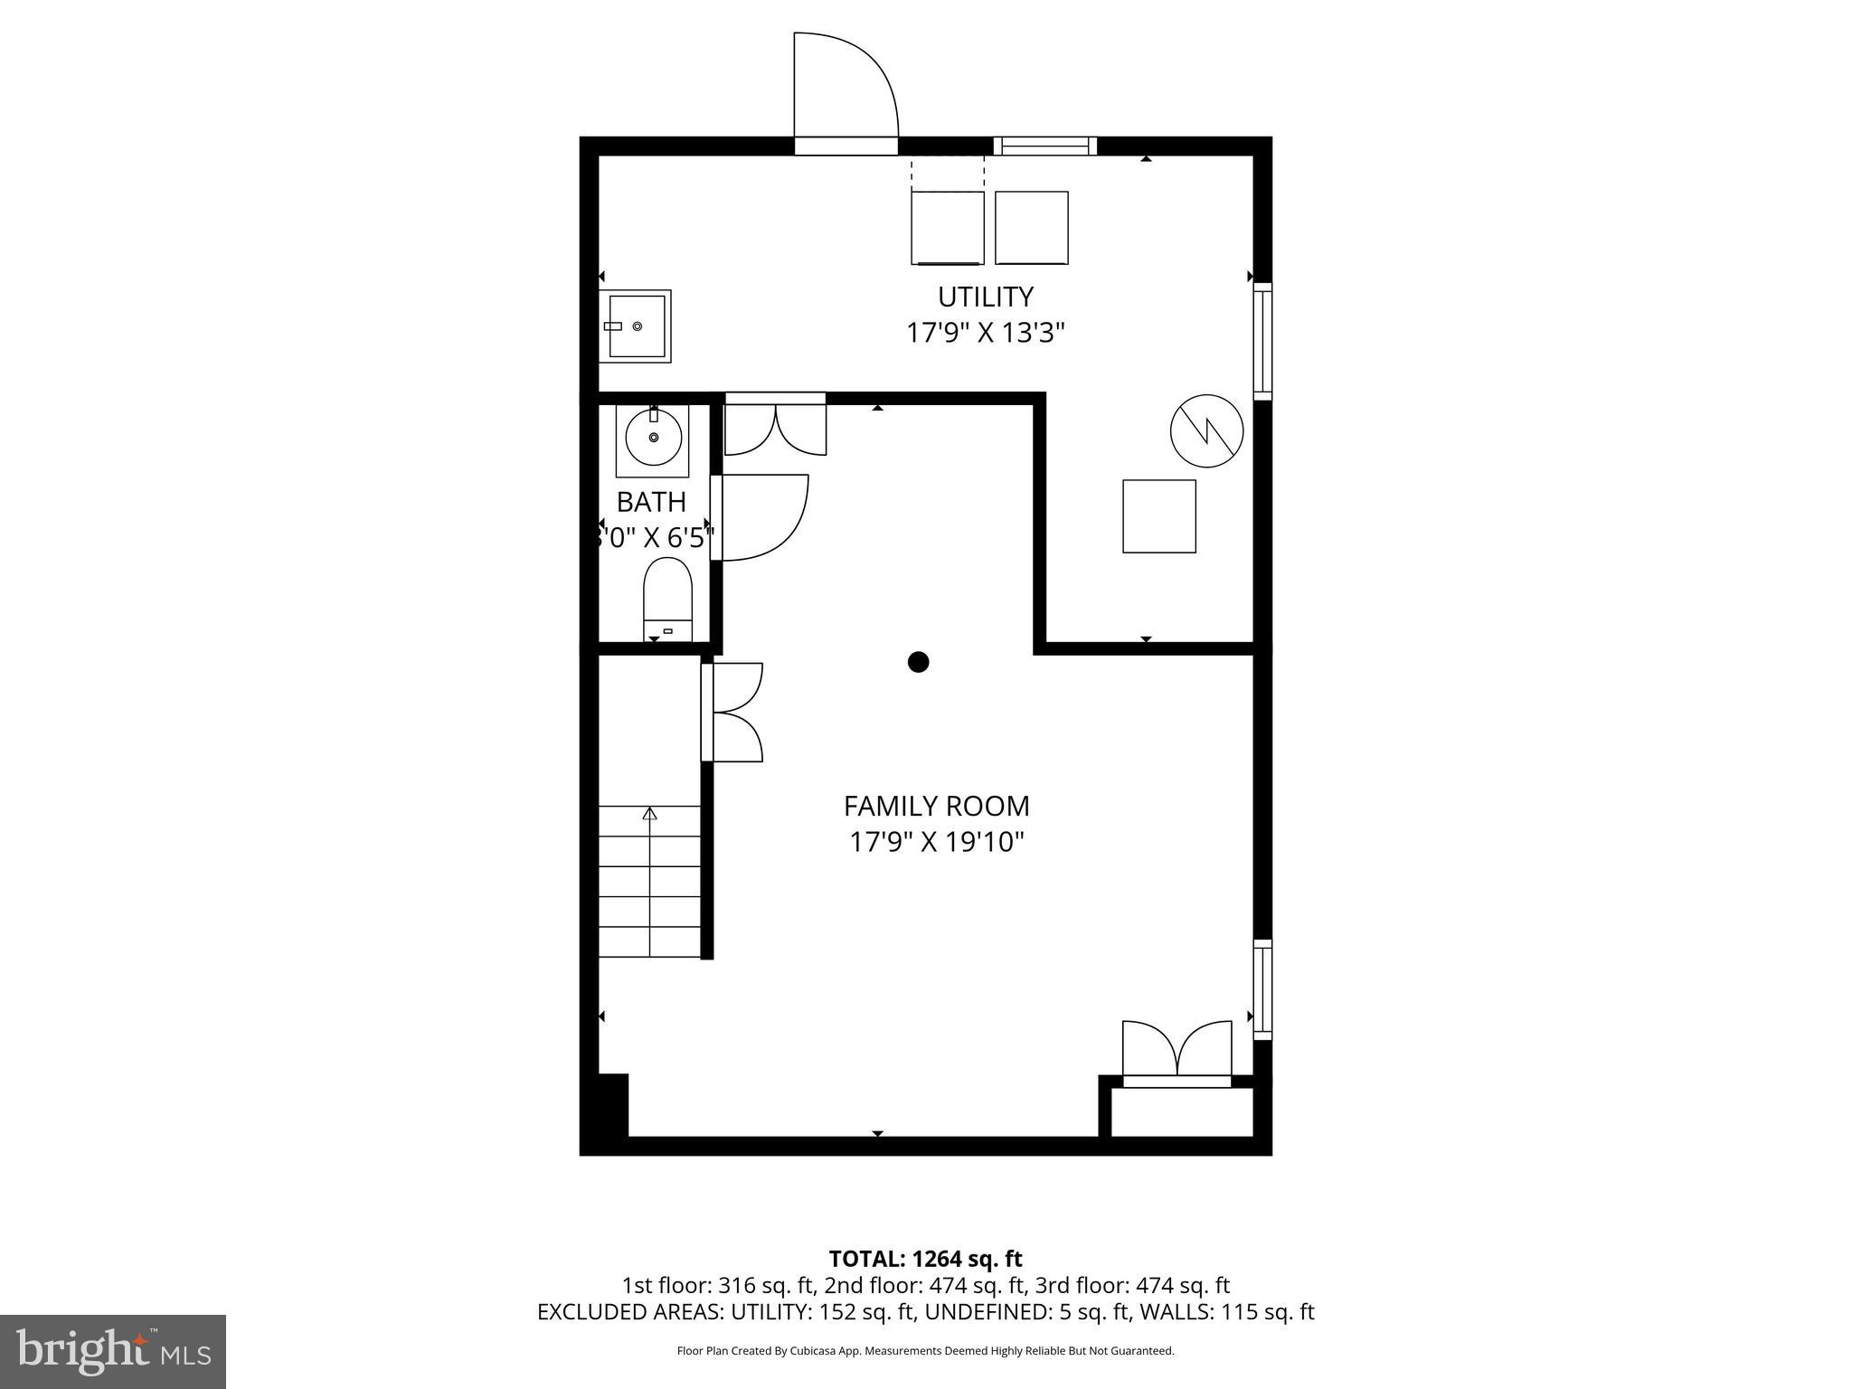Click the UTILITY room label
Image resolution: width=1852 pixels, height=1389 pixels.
985,297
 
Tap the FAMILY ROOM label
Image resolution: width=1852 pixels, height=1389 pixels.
936,806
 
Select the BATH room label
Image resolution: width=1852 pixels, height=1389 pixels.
651,502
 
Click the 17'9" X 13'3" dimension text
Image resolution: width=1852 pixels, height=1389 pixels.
985,333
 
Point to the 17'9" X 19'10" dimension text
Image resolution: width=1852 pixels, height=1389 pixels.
936,842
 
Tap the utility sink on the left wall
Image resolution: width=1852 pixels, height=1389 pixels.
636,326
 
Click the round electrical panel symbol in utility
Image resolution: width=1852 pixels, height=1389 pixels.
1206,430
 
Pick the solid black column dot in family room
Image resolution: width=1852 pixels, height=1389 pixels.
918,662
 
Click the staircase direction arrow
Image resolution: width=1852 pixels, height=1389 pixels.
649,814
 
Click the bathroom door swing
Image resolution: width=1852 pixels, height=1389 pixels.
762,517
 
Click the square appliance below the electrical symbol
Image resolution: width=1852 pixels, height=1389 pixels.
1159,515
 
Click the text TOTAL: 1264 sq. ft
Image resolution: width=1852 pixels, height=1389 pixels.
925,1259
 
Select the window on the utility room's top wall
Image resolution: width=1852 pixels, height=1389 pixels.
1044,146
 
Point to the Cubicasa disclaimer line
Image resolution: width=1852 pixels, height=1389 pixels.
925,1351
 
